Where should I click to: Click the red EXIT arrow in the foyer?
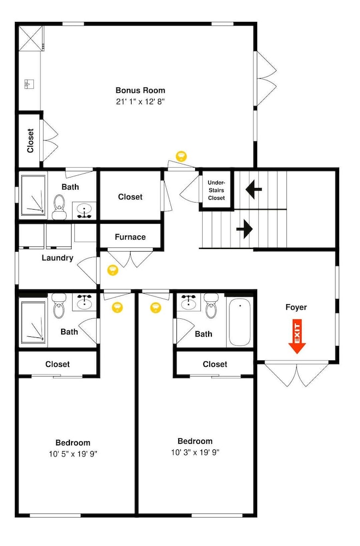point(297,336)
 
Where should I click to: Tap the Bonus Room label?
point(140,91)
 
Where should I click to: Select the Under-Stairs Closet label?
point(216,190)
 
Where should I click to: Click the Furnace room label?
point(131,237)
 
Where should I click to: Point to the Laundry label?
point(57,258)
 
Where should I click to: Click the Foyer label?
point(296,307)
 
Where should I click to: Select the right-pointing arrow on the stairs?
point(244,229)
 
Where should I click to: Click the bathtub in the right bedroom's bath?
point(240,322)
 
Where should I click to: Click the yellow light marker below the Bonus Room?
point(181,156)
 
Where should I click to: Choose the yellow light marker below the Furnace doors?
point(113,270)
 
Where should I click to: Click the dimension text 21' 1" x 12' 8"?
point(140,102)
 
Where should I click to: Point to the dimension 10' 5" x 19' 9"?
point(73,454)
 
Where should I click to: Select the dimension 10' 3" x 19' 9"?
point(195,453)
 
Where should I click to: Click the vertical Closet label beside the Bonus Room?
point(31,141)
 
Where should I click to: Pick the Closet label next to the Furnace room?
point(131,197)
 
